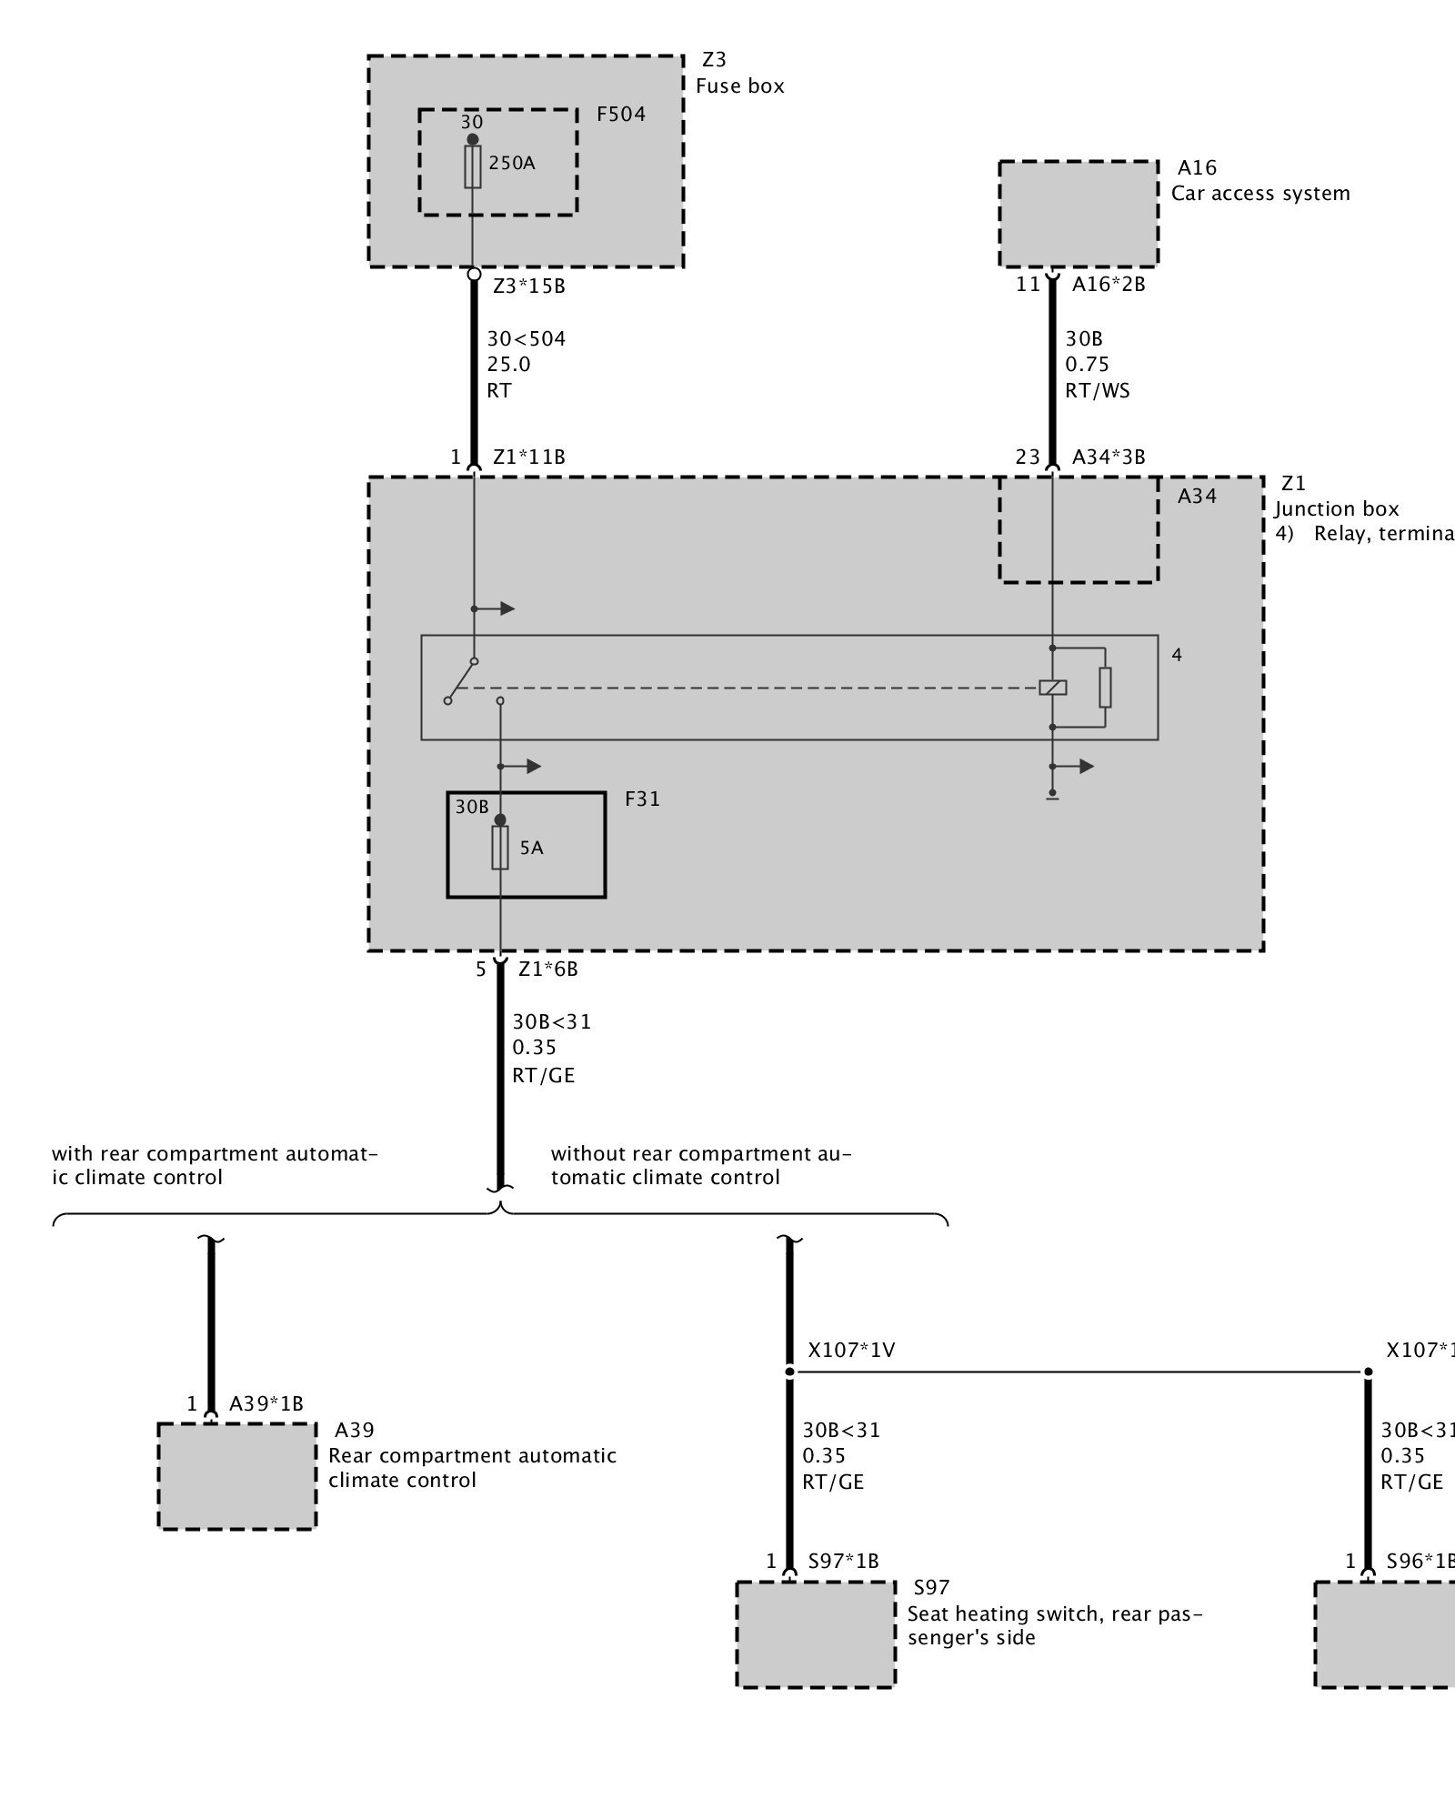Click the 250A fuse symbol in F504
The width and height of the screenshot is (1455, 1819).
tap(473, 166)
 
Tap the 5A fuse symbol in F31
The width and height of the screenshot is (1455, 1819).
tap(499, 848)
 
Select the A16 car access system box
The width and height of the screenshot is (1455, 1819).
tap(1079, 214)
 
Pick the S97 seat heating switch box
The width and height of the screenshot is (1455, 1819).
tap(816, 1634)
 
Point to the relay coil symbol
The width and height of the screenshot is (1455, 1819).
tap(1052, 688)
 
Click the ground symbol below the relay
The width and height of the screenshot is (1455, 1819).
tap(1052, 796)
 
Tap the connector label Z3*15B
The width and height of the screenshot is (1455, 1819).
tap(528, 286)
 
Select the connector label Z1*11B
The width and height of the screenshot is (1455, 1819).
tap(528, 457)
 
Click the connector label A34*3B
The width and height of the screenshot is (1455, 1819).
tap(1108, 457)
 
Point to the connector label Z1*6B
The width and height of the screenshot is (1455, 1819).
tap(547, 969)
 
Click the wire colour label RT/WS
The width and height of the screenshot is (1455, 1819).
tap(1098, 391)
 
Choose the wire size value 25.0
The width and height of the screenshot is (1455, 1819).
tap(508, 365)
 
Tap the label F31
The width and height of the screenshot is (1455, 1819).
tap(642, 799)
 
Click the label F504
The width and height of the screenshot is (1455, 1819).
tap(621, 114)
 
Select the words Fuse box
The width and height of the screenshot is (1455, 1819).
tap(739, 85)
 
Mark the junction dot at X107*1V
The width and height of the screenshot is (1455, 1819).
tap(789, 1372)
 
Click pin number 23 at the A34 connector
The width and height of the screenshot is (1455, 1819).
tap(1027, 457)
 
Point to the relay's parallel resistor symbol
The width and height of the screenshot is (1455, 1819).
tap(1105, 688)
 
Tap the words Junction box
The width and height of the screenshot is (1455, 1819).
tap(1336, 508)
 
